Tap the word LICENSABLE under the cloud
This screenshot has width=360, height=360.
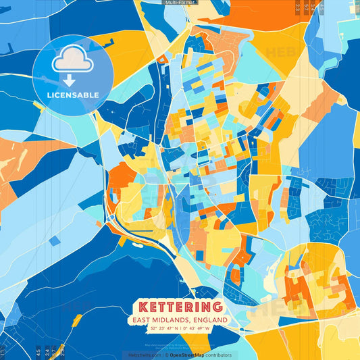(73, 95)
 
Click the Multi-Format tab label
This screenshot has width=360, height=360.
(180, 3)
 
